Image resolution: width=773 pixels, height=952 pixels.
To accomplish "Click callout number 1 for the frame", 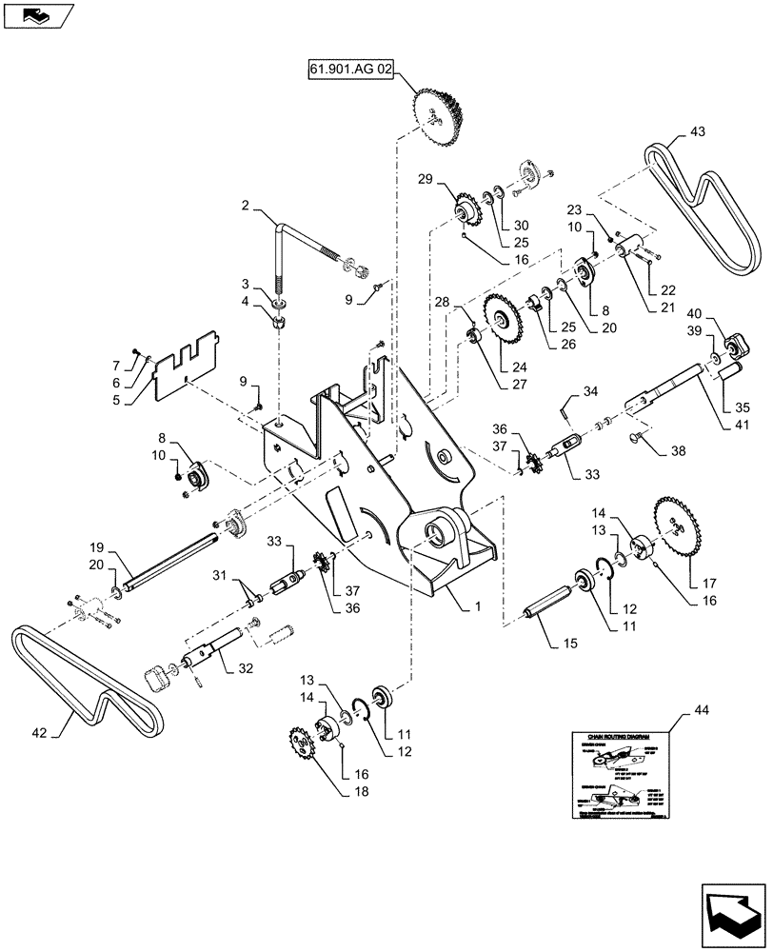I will point(465,604).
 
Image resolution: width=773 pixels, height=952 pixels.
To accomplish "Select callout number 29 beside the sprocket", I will point(425,180).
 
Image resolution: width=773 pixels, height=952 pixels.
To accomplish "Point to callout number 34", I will point(591,390).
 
